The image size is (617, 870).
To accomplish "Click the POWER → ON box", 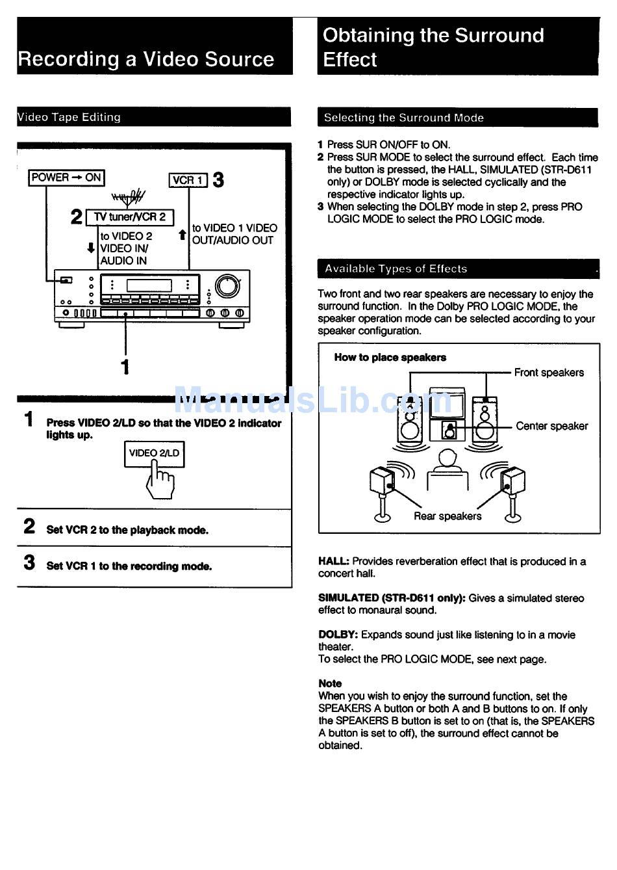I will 66,178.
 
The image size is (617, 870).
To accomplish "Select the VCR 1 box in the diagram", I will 188,180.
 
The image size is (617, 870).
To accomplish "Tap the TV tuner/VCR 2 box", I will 130,217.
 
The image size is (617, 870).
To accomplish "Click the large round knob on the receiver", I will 227,286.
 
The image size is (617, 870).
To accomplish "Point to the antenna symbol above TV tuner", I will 129,196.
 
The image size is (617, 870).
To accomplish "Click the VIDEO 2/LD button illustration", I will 155,454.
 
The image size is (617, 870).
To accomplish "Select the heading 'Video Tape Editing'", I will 69,118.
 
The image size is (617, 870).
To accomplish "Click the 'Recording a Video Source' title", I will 146,59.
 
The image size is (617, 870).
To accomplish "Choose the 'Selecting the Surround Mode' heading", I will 403,118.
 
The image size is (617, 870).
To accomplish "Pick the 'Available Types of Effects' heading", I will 396,269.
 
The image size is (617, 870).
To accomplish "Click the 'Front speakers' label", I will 549,373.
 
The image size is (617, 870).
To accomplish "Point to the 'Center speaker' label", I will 551,426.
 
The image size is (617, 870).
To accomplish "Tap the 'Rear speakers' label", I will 447,516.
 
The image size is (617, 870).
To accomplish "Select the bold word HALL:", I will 334,561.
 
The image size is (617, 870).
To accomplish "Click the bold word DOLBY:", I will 338,635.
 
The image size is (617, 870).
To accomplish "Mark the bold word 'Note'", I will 330,683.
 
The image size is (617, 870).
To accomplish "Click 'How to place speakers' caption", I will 390,358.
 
